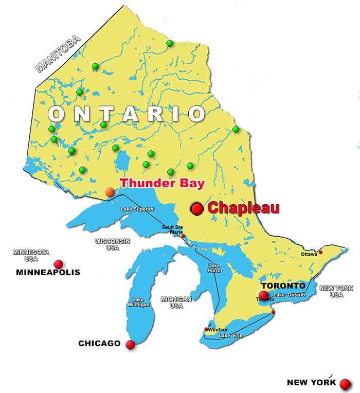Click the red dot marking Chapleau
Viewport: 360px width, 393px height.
point(197,208)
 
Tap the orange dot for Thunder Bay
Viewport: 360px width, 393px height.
point(110,192)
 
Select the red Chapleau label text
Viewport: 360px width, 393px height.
point(243,208)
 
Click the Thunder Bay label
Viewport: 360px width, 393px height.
point(162,183)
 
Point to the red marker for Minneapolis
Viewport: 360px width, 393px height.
point(59,264)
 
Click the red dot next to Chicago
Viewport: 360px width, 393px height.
point(130,345)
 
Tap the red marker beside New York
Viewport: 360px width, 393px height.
point(345,384)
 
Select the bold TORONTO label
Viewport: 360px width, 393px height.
point(283,285)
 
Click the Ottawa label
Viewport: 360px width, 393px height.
point(309,254)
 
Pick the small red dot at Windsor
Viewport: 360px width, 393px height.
point(207,329)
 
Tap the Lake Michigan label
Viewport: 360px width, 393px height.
point(138,302)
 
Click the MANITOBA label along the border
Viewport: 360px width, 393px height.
point(58,53)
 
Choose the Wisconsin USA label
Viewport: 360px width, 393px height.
point(112,244)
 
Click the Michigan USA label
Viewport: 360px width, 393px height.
point(176,302)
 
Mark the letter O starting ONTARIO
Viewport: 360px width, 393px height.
point(57,114)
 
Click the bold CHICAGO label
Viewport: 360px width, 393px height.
point(99,343)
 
